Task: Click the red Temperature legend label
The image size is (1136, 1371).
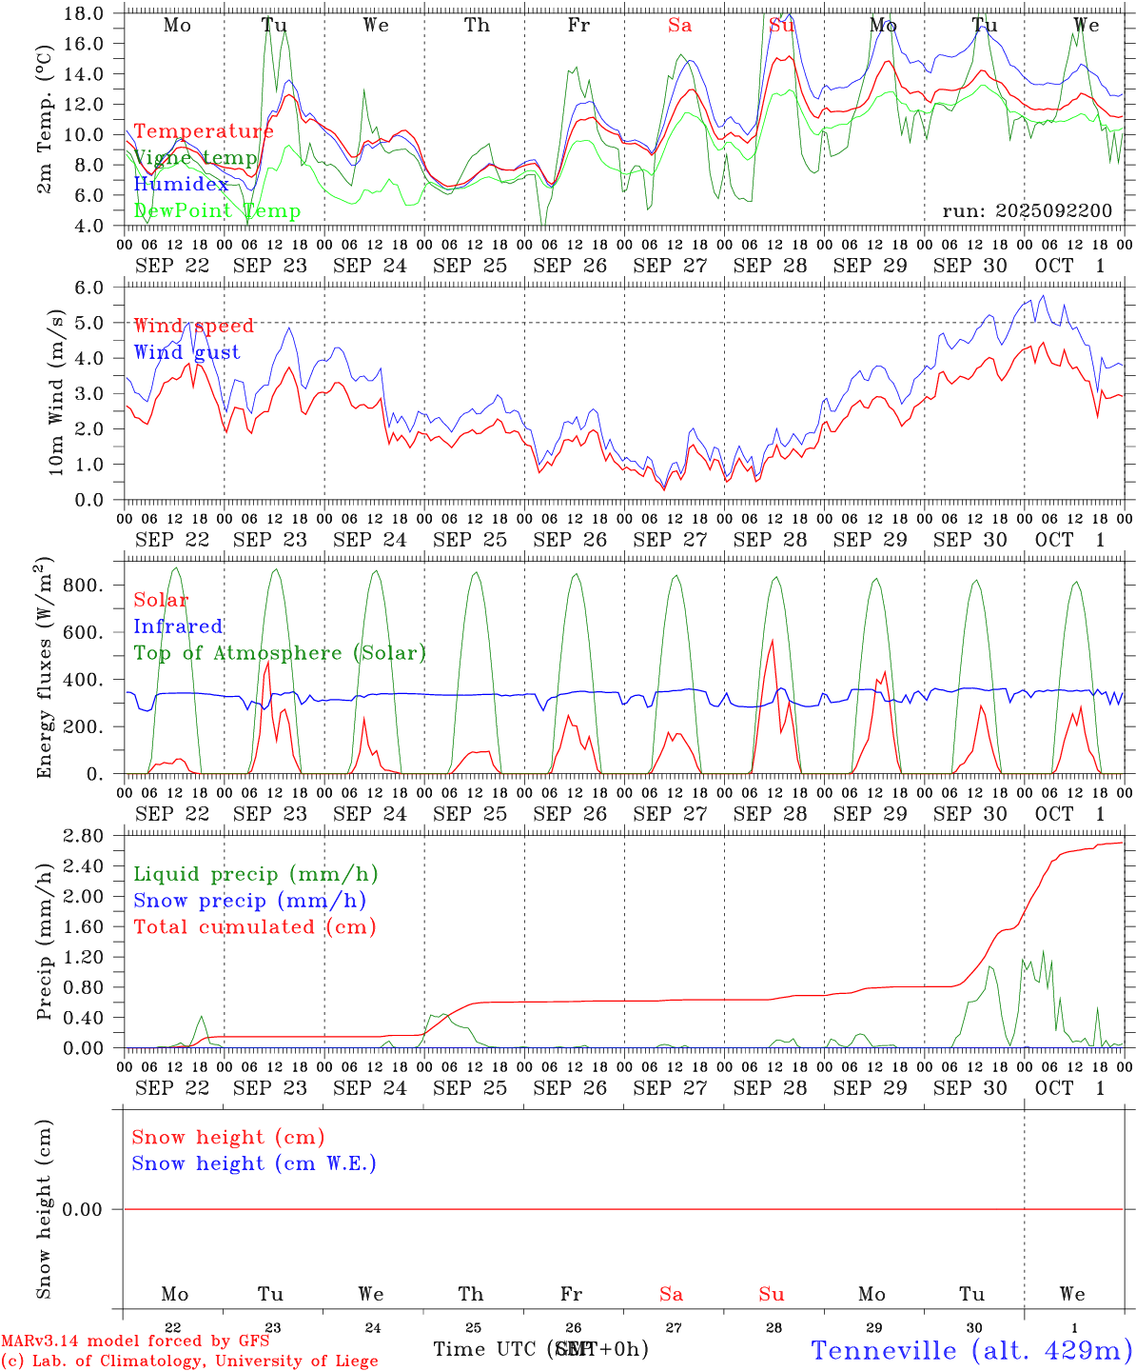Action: (x=203, y=131)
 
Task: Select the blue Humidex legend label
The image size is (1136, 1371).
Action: (x=181, y=185)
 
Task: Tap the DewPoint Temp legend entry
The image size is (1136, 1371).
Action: (x=217, y=211)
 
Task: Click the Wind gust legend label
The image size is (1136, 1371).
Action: (x=186, y=352)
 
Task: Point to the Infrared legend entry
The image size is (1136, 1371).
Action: (x=178, y=626)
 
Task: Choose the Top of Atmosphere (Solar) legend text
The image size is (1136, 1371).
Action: (x=279, y=653)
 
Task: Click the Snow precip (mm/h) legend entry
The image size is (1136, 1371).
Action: (x=249, y=901)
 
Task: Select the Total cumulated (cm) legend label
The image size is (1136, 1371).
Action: (x=254, y=927)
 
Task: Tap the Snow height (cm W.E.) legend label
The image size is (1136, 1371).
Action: (x=253, y=1163)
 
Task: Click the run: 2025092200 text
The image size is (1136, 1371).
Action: (x=1027, y=211)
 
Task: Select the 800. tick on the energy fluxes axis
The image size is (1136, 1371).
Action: (x=83, y=585)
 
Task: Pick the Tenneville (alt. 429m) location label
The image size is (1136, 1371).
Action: (x=971, y=1350)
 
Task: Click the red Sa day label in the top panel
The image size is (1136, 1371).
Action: (x=679, y=26)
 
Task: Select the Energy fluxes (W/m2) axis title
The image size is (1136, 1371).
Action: (x=44, y=669)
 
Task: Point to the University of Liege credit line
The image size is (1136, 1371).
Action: (x=189, y=1361)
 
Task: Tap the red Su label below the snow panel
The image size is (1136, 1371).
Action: (x=772, y=1294)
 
